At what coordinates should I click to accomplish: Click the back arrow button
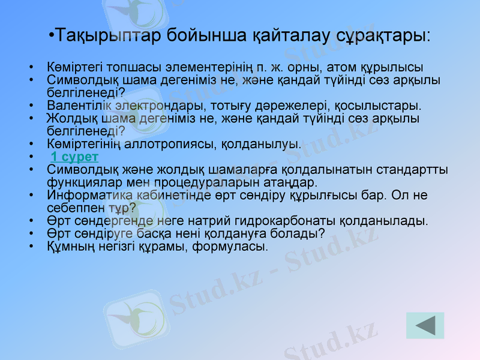point(425,326)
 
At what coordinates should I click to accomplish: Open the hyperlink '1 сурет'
point(74,157)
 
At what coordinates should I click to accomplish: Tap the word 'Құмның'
point(70,246)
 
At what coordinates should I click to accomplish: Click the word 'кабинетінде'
point(162,196)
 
